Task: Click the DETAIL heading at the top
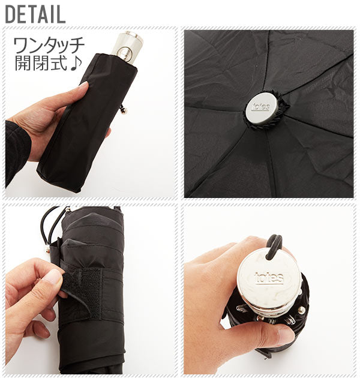[35, 14]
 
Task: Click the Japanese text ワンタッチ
[49, 45]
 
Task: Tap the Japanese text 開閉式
[41, 63]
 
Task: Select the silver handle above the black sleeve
[127, 48]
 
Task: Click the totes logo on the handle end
[269, 278]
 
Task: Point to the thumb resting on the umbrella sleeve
[73, 91]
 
